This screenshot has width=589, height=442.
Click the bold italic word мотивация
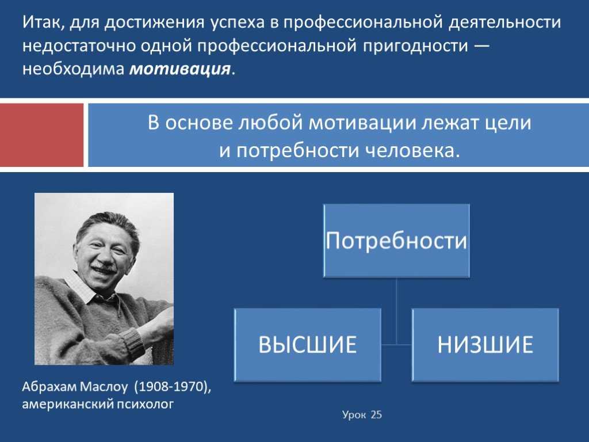click(179, 69)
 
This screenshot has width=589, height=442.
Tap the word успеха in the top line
click(238, 23)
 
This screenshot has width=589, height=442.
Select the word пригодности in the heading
click(416, 46)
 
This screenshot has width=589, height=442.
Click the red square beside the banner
click(41, 135)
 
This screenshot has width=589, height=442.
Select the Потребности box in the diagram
click(396, 241)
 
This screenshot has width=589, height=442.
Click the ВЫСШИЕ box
click(308, 345)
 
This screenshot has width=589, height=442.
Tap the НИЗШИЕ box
click(485, 345)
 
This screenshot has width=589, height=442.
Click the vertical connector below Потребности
click(396, 311)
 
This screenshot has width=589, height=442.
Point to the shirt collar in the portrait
click(88, 289)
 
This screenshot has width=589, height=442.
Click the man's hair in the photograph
click(106, 226)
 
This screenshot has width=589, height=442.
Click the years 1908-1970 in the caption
click(172, 387)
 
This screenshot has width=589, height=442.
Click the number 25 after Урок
click(376, 414)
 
